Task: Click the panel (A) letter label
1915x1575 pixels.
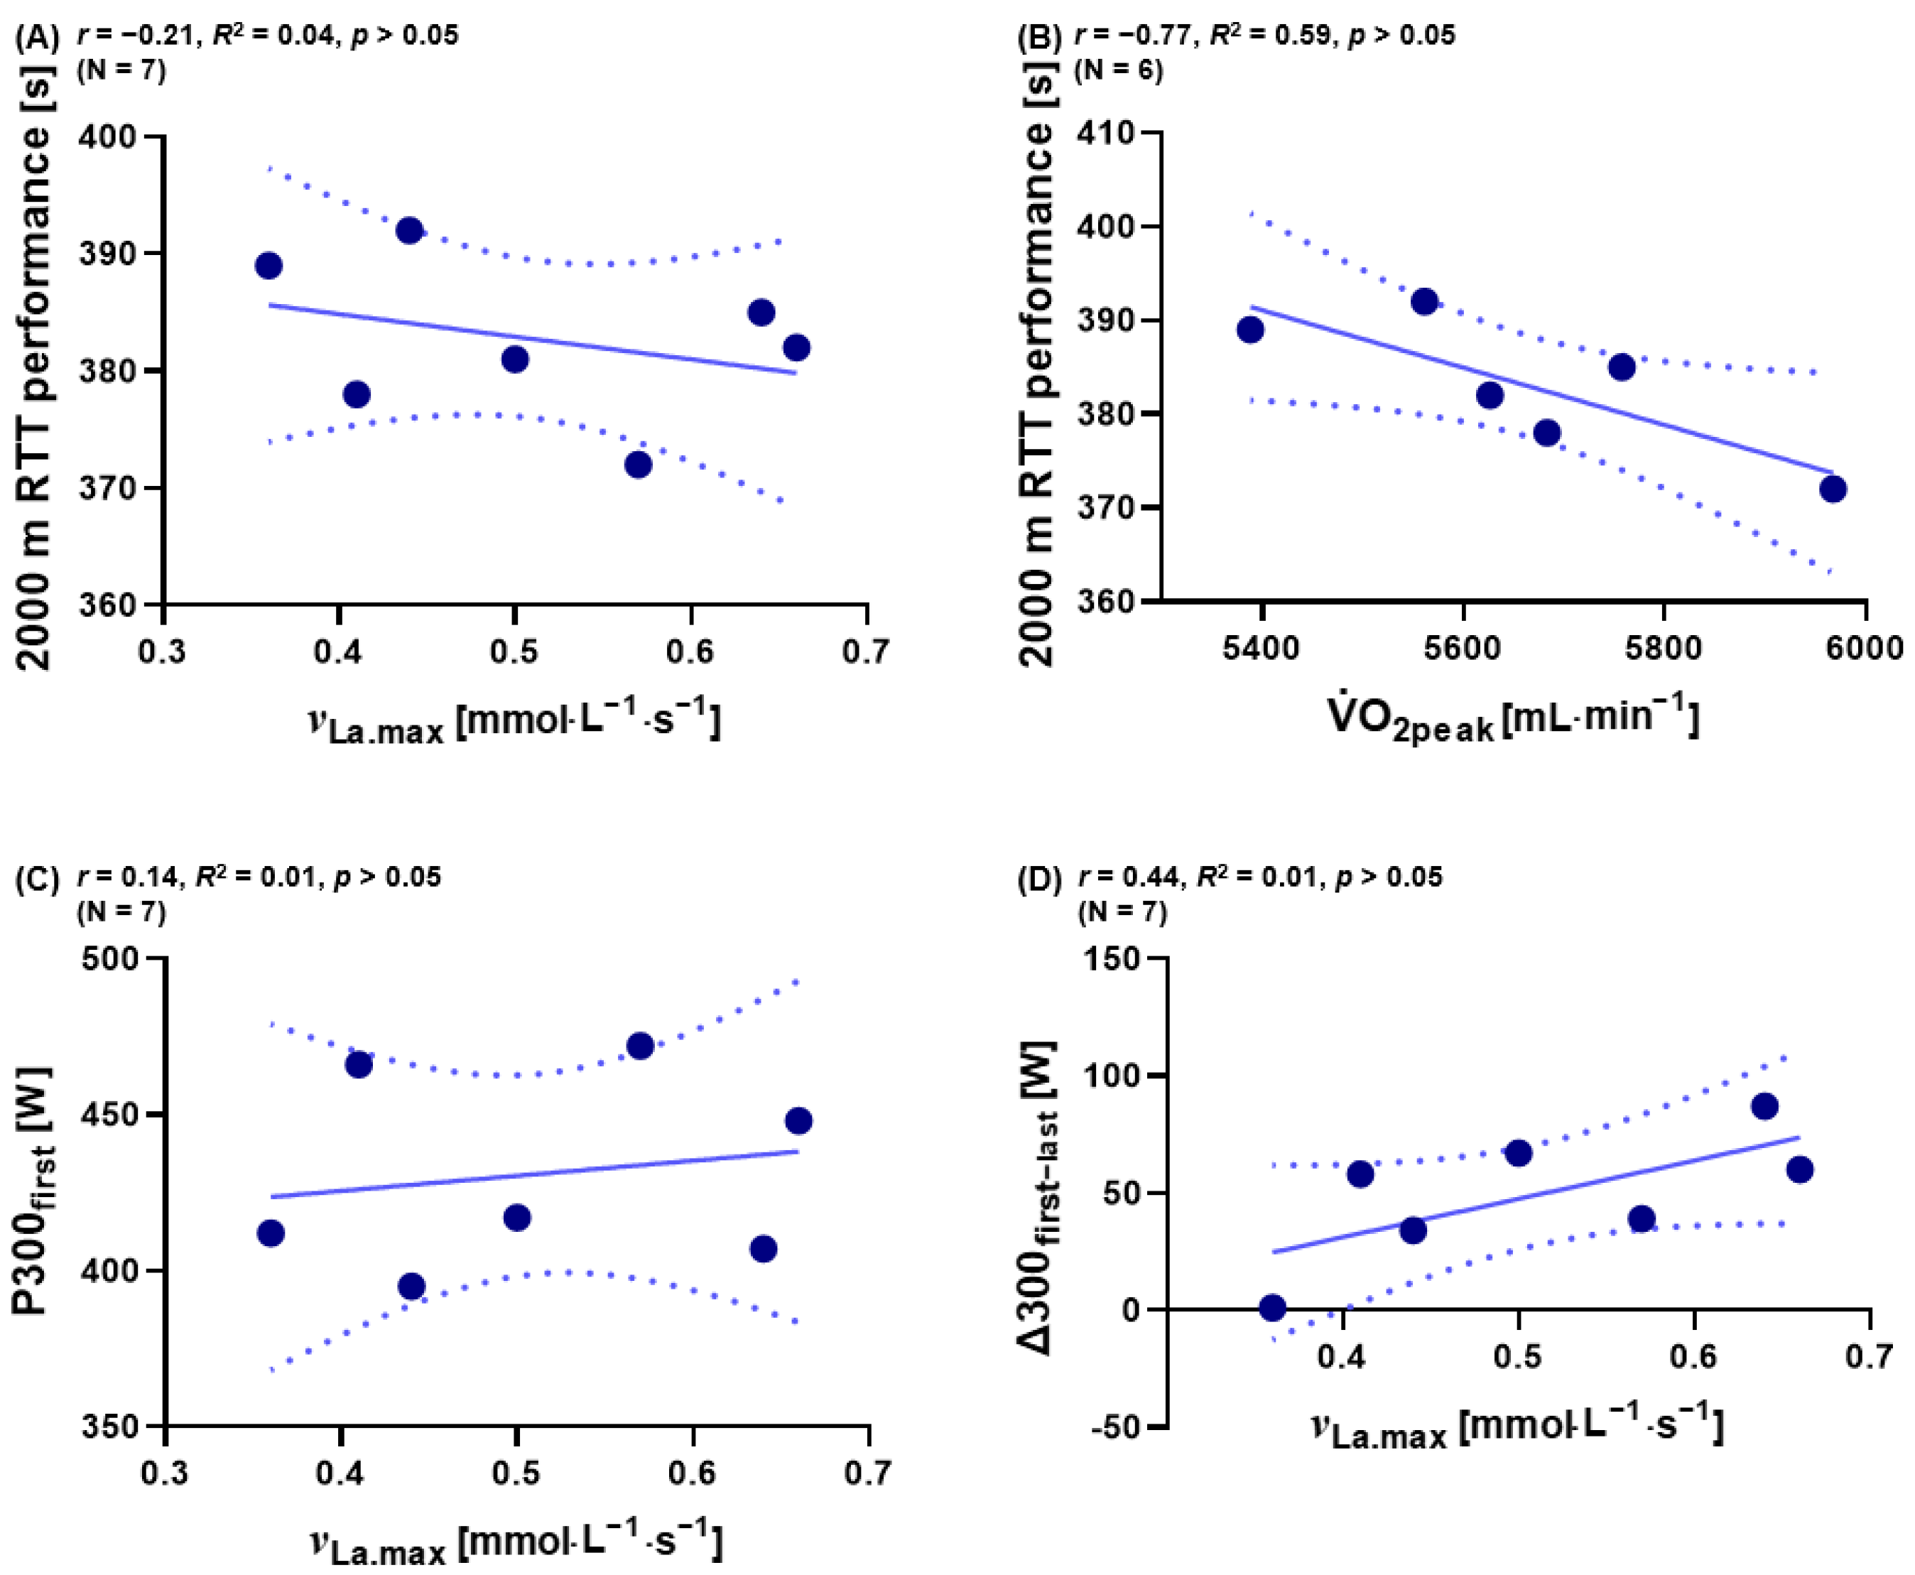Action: [x=37, y=37]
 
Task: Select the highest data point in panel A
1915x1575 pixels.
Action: [x=409, y=230]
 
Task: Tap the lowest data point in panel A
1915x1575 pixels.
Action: [x=638, y=465]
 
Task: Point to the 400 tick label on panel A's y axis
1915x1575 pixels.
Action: [x=108, y=137]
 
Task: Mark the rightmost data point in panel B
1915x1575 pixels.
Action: [x=1833, y=489]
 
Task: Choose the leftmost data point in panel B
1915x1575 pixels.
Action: [x=1250, y=330]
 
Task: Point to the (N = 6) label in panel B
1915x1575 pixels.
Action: [x=1117, y=70]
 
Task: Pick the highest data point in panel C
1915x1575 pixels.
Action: [x=639, y=1045]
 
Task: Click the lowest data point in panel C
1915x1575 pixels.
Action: [x=411, y=1286]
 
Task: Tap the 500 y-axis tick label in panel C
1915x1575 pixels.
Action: [x=110, y=959]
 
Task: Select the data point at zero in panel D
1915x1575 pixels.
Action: [x=1272, y=1307]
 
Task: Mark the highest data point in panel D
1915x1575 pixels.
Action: [x=1764, y=1106]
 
